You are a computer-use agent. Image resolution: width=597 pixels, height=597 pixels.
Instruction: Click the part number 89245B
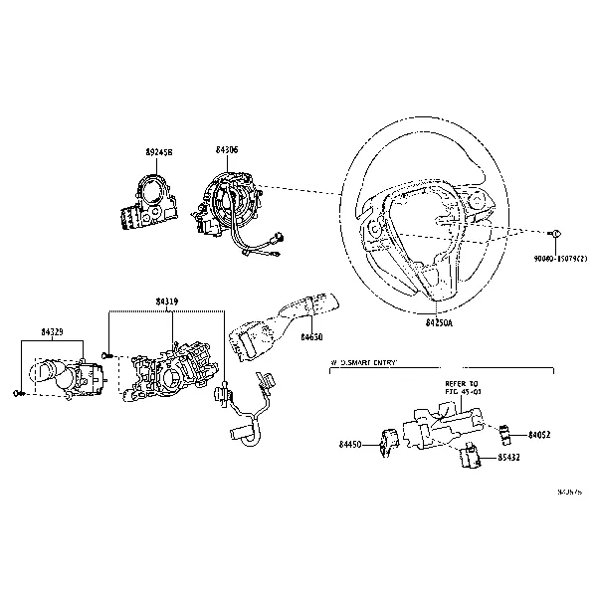coord(158,152)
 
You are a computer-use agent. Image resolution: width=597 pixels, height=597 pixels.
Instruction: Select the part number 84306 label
coord(227,150)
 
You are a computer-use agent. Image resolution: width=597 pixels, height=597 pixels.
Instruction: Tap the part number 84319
coord(167,299)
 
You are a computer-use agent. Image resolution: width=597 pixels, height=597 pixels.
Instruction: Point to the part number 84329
coord(54,328)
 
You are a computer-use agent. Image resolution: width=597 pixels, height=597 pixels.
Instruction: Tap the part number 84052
coord(538,435)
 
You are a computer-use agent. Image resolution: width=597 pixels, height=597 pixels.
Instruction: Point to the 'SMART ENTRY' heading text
coord(364,364)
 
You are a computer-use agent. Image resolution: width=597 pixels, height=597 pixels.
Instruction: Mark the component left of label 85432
coord(471,457)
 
